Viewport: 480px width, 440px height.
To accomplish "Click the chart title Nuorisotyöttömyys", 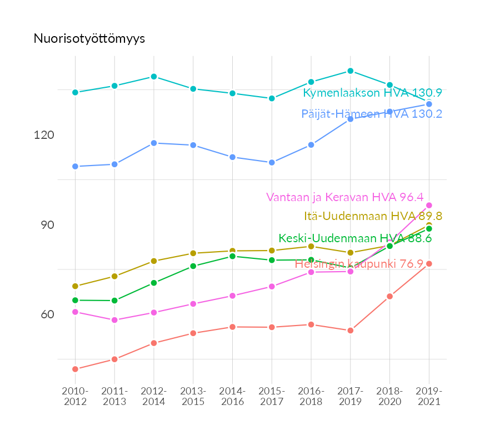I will click(x=89, y=38).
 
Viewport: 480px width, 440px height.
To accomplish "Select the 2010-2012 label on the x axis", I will click(x=75, y=396).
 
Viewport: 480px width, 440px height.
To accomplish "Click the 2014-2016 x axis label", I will click(x=232, y=396).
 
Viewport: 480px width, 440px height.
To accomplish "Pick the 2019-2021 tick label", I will click(x=429, y=396).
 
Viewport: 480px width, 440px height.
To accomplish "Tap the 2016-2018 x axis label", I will click(x=311, y=396).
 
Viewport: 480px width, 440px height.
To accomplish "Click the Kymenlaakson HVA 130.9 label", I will click(x=372, y=93).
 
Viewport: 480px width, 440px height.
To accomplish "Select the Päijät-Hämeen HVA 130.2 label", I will click(x=372, y=114).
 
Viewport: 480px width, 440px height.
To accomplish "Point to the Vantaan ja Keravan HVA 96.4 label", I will click(x=344, y=197).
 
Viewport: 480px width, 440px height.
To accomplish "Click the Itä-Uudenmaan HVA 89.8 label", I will click(x=373, y=216).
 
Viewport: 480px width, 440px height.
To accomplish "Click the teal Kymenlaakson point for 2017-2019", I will click(x=351, y=71).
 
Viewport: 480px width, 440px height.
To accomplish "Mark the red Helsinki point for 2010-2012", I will click(x=75, y=369).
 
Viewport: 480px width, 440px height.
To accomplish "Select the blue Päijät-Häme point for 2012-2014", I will click(x=154, y=143).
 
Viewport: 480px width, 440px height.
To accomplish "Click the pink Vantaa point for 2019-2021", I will click(x=429, y=206).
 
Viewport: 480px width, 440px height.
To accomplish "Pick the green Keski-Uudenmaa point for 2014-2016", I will click(x=232, y=256).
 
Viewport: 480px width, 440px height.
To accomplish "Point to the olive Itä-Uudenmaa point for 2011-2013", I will click(x=114, y=276).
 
